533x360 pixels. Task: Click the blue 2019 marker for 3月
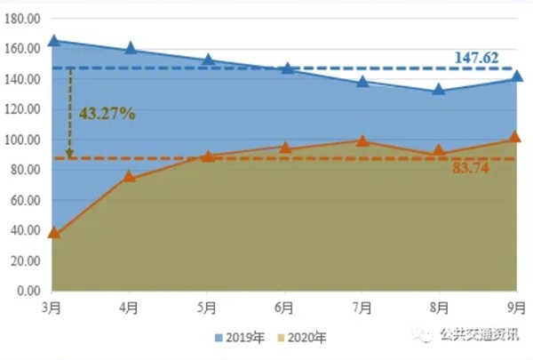(53, 40)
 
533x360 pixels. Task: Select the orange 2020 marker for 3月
(53, 233)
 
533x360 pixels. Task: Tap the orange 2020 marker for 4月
(130, 176)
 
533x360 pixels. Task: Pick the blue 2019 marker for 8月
(438, 89)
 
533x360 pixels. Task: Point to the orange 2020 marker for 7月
(362, 140)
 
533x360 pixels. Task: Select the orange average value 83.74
(471, 171)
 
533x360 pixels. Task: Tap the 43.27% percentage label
(107, 114)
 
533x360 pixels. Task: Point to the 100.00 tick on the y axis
(23, 140)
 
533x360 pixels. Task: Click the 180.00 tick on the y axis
(23, 19)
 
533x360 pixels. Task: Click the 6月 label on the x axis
(284, 308)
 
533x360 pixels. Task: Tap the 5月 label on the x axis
(207, 308)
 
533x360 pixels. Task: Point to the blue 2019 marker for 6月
(284, 67)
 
